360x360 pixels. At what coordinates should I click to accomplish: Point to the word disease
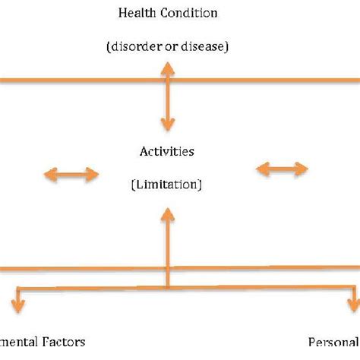pos(201,46)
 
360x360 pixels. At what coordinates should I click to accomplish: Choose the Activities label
pos(167,151)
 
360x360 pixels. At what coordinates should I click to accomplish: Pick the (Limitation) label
pos(167,185)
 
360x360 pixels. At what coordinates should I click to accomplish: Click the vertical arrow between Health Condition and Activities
pos(167,99)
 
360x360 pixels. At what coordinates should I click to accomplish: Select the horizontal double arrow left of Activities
pos(71,175)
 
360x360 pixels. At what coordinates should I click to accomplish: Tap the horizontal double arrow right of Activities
pos(282,169)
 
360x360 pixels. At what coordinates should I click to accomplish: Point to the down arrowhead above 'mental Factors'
pos(16,308)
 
